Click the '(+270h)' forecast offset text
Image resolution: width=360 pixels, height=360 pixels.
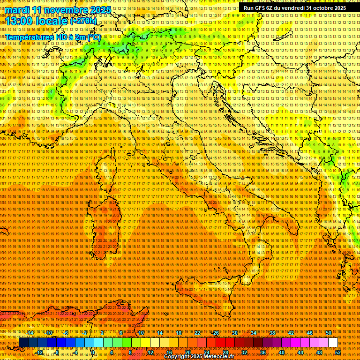point(83,21)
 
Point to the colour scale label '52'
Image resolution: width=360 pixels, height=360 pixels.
point(337,352)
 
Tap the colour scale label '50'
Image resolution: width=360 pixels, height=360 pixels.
point(329,333)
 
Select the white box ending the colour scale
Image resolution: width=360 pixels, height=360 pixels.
point(333,343)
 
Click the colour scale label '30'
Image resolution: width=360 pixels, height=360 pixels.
point(235,333)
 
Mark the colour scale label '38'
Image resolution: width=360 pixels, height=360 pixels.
point(272,333)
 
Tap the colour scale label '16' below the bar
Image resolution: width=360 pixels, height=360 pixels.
point(169,352)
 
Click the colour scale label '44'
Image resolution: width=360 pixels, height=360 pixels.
point(300,352)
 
